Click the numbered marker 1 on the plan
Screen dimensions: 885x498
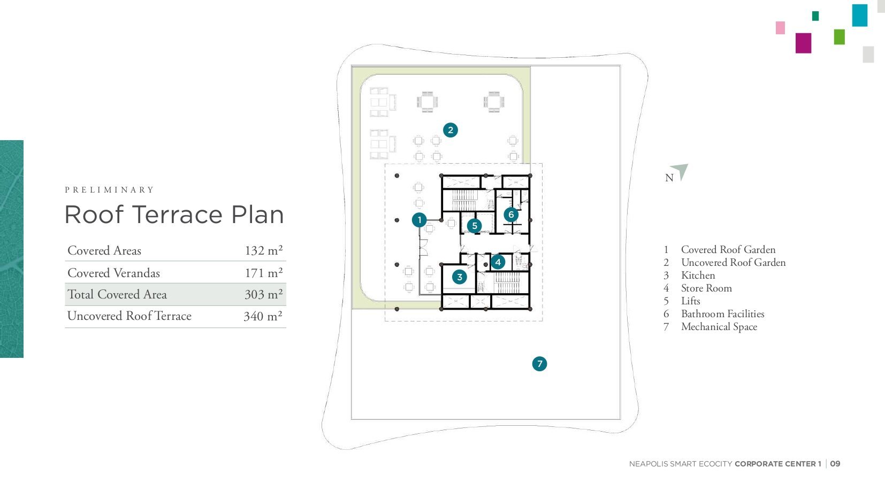419,220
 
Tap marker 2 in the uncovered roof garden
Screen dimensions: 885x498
451,130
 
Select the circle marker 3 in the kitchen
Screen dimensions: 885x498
460,277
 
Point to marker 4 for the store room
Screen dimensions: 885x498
498,262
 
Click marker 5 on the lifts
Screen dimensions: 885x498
475,226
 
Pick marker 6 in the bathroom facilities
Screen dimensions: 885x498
511,214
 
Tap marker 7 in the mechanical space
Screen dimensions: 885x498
540,364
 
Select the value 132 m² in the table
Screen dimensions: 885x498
264,250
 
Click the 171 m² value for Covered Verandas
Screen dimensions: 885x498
264,273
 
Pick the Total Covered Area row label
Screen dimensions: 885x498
117,294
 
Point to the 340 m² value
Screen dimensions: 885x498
263,316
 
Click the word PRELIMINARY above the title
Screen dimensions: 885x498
109,190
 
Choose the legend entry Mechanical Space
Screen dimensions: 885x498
719,327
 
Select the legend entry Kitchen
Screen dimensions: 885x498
698,275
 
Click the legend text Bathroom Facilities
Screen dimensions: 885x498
723,314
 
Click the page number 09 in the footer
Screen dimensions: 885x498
835,464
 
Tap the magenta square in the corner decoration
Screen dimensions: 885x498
803,43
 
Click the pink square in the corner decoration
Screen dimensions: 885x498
780,28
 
